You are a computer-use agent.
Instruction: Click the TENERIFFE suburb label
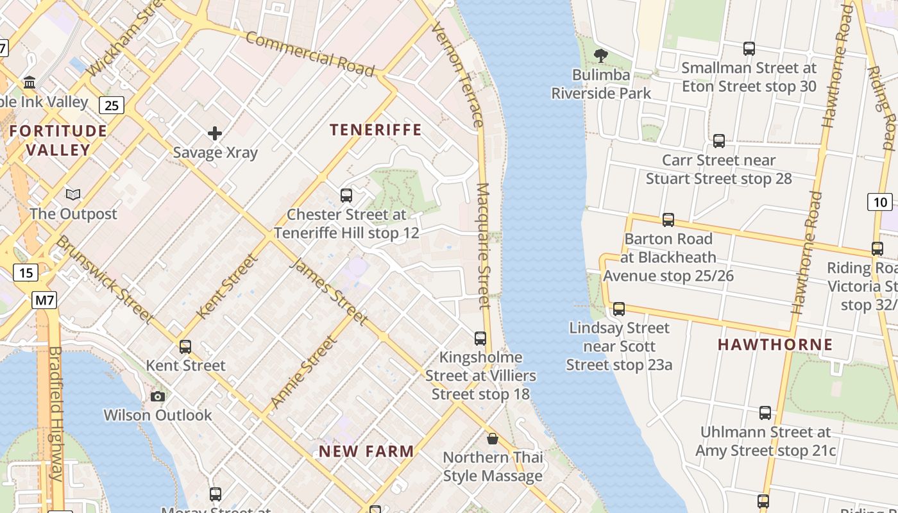tap(376, 130)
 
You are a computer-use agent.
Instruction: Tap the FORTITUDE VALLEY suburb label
tap(58, 140)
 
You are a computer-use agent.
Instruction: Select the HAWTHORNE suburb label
tap(775, 344)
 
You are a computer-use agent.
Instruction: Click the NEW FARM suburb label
tap(366, 451)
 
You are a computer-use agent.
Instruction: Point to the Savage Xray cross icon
tap(215, 133)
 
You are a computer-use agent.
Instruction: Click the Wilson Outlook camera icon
tap(158, 396)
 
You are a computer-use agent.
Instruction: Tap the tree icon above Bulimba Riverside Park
tap(601, 56)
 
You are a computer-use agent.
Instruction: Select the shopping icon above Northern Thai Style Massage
tap(493, 439)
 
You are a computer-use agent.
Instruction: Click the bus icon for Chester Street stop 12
tap(346, 195)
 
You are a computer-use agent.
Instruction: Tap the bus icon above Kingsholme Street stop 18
tap(480, 338)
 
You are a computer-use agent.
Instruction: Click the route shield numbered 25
tap(112, 105)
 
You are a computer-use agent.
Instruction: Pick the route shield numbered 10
tap(880, 202)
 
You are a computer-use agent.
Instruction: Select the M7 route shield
tap(45, 299)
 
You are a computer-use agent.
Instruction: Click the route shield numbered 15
tap(26, 273)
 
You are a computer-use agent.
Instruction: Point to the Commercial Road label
tap(309, 54)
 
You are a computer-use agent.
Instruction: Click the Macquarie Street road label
tap(484, 247)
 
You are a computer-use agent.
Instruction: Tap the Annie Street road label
tap(303, 372)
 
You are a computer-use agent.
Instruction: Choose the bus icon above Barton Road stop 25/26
tap(668, 220)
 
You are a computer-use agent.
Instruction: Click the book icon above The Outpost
tap(74, 194)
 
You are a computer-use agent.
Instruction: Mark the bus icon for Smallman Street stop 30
tap(749, 48)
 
